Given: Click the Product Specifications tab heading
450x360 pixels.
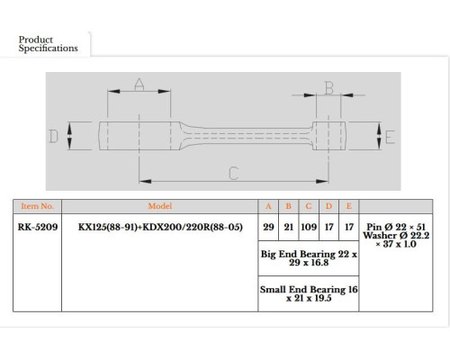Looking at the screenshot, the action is [48, 44].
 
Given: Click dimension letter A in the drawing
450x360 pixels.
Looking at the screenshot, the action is [139, 84].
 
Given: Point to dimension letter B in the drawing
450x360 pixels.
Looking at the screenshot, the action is [329, 88].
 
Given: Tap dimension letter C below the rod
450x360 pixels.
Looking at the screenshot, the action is [233, 173].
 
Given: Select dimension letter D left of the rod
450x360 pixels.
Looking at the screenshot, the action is [53, 136].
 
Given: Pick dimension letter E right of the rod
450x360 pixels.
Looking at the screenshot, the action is [390, 138].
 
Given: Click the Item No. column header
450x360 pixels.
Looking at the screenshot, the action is [37, 206].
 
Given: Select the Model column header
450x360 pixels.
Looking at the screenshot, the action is [160, 206].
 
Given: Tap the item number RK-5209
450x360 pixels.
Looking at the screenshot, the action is [38, 227].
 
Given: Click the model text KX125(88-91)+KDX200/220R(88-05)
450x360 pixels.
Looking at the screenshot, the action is [160, 227].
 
